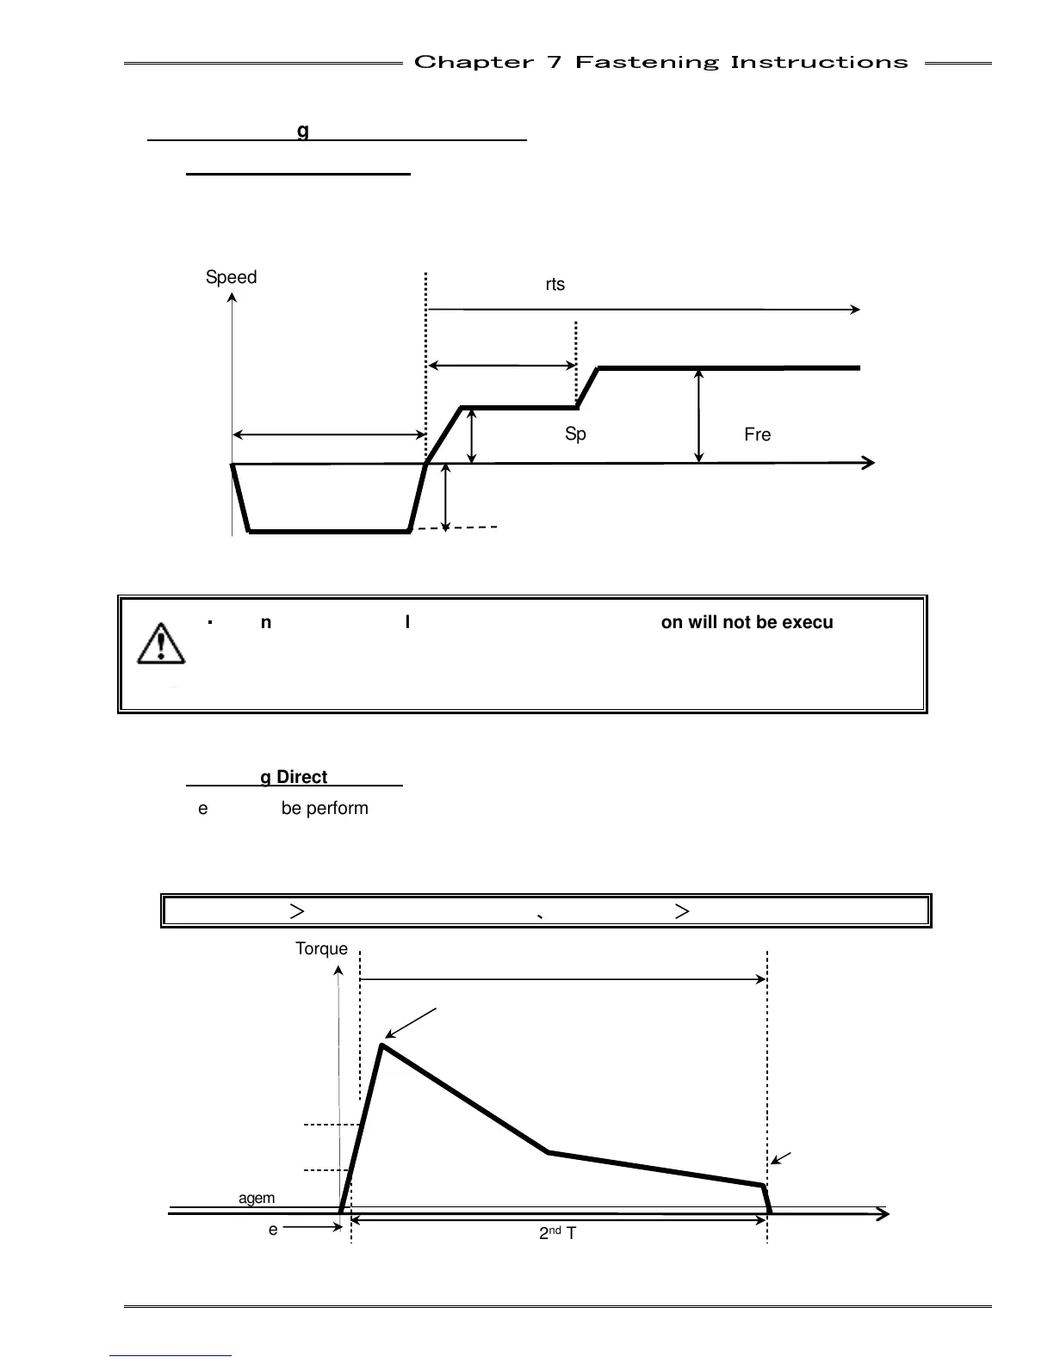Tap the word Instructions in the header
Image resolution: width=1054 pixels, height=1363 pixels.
819,62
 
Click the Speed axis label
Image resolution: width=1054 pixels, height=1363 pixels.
231,277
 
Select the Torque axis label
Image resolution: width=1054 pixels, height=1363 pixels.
321,948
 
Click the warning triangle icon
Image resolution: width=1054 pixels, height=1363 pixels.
161,643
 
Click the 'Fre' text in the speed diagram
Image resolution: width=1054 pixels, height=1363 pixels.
757,435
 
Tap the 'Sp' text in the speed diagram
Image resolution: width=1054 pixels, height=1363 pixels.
575,435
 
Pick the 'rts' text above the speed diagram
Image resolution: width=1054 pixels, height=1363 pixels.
555,284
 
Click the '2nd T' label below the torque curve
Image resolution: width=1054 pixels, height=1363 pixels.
558,1233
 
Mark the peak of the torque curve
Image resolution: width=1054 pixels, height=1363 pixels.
382,1045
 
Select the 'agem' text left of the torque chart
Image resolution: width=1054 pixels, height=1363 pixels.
257,1198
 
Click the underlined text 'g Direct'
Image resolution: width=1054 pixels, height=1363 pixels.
294,777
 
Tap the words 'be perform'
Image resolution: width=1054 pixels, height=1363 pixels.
325,808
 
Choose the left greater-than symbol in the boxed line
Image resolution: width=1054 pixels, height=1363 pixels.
296,910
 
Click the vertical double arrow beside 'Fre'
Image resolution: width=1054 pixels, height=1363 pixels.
698,416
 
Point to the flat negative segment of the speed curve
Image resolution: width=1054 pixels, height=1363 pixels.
330,532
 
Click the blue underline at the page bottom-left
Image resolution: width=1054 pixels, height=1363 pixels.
170,1355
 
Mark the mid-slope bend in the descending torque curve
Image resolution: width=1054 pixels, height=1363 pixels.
549,1152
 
